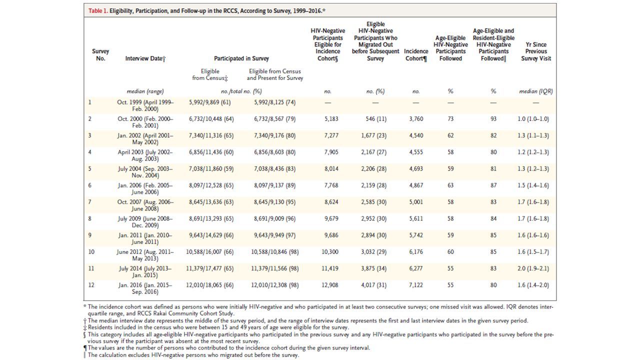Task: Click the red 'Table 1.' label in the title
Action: (x=98, y=11)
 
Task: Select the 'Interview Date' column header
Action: (x=145, y=58)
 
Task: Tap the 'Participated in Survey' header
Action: (x=241, y=58)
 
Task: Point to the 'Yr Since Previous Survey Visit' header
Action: (x=536, y=51)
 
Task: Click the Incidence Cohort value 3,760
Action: (x=416, y=119)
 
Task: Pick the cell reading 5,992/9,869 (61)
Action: (x=209, y=102)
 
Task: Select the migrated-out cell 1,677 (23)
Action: (x=373, y=135)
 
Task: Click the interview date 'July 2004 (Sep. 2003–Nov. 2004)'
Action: (x=145, y=172)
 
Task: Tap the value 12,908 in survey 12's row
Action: (x=329, y=285)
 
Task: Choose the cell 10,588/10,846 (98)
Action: (x=275, y=252)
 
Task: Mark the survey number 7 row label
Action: (x=89, y=202)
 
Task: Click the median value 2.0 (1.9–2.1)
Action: (x=533, y=268)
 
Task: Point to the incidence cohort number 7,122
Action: (x=416, y=285)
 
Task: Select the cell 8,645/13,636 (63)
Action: (x=211, y=202)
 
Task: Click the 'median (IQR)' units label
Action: (x=536, y=91)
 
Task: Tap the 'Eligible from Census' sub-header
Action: (x=210, y=74)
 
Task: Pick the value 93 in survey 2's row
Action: (x=493, y=119)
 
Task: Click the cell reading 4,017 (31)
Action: (x=373, y=285)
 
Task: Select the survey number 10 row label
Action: (x=91, y=252)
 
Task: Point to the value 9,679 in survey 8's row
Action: (x=331, y=218)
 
